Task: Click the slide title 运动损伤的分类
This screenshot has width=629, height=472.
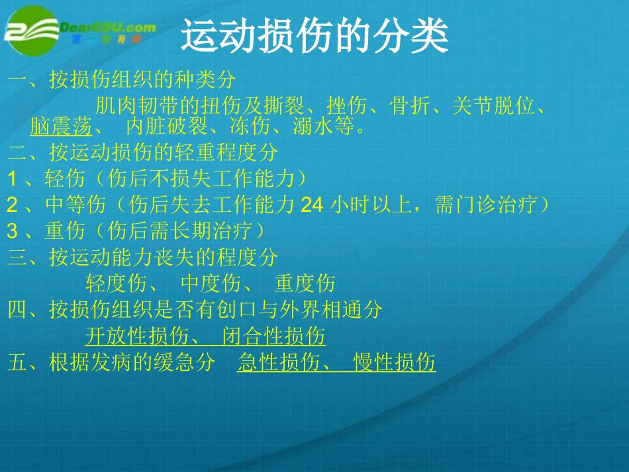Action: pos(314,37)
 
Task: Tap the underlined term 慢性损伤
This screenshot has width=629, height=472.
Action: pos(395,363)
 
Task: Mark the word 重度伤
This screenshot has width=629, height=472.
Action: pos(305,284)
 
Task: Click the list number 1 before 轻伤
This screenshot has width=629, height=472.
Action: pos(13,179)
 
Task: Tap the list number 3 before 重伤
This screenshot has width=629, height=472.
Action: pos(13,231)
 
